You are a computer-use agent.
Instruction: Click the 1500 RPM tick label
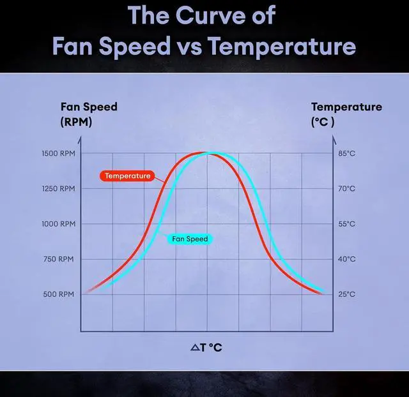point(59,154)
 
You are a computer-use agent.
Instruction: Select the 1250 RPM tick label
point(59,189)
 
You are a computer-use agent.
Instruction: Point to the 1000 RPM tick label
point(59,224)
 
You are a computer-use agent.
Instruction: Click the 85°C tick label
point(346,154)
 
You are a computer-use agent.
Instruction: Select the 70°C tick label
point(346,189)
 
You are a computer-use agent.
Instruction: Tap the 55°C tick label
point(346,224)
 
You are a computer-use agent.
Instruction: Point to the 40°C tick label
point(346,259)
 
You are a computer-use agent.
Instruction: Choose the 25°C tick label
point(346,294)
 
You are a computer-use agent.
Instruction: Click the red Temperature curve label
point(127,176)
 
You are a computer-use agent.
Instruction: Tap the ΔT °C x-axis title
point(206,348)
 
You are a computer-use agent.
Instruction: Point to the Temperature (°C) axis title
point(346,114)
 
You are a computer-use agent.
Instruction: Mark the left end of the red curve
point(86,292)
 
